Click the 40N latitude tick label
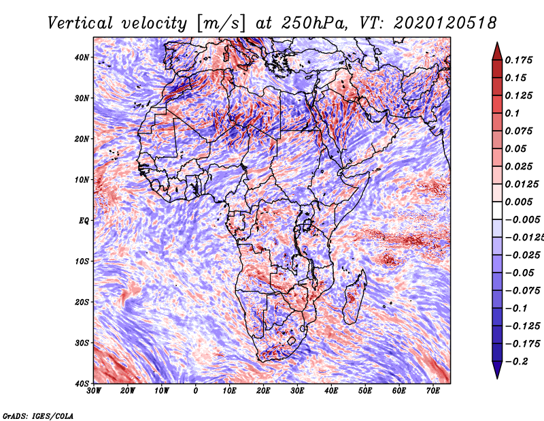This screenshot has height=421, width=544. pos(82,57)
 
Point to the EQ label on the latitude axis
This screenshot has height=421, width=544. pos(84,221)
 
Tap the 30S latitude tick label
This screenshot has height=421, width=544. pos(82,343)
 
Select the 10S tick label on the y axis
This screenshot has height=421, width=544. pos(82,262)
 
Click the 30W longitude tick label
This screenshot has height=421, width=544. pos(94,391)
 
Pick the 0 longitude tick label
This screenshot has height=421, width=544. pos(196,391)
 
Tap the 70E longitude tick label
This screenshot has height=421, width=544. pos(433,391)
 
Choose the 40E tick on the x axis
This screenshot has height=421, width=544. pos(331,391)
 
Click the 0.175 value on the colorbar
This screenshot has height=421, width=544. pos(519,60)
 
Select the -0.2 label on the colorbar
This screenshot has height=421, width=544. pos(516,362)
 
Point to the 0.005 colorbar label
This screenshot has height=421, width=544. pos(519,202)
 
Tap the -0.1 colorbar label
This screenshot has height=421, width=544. pos(516,309)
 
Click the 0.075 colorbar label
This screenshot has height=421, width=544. pos(519,131)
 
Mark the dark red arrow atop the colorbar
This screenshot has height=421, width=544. pos(497,52)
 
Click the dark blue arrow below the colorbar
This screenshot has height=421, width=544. pos(497,370)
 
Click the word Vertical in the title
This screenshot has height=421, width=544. pos(80,23)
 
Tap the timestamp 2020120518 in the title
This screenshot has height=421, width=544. pos(445,23)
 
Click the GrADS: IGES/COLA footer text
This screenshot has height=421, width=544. pos(38,416)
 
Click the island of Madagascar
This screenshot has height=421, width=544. pos(354,297)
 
